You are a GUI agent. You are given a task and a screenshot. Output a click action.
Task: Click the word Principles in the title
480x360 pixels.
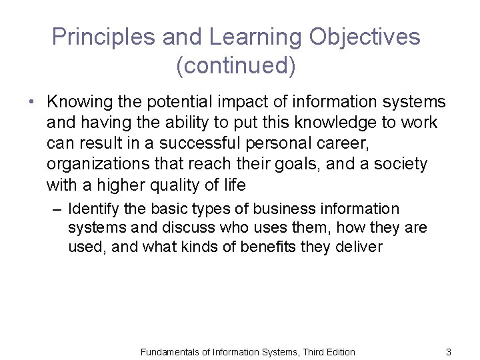click(x=97, y=37)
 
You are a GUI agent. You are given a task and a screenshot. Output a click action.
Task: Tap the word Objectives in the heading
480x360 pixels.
click(x=365, y=37)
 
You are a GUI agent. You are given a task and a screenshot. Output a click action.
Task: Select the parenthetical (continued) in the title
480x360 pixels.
click(x=236, y=65)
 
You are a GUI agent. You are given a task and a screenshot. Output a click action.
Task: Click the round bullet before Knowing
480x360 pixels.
click(x=32, y=103)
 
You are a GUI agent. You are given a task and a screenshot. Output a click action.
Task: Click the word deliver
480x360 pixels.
click(x=359, y=247)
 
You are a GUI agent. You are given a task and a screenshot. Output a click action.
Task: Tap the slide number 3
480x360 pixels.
click(x=449, y=351)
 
